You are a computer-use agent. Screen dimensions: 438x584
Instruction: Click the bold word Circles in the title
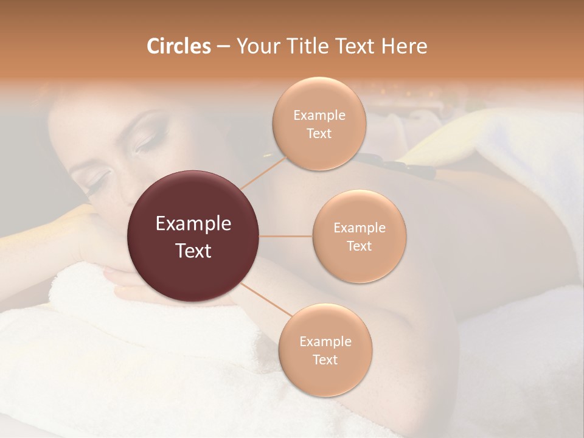click(x=178, y=46)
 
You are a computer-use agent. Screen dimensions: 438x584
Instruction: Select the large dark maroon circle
click(x=193, y=236)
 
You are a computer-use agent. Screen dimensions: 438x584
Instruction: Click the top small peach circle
click(x=319, y=123)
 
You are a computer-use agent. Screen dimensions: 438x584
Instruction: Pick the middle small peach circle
click(x=360, y=236)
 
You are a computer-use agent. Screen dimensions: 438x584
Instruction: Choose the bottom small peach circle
click(x=325, y=350)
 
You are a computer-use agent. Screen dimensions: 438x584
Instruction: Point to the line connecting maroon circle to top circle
click(x=263, y=173)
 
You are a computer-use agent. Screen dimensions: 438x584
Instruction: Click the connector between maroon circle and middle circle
click(x=286, y=236)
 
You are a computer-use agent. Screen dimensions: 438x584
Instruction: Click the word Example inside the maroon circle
click(x=193, y=224)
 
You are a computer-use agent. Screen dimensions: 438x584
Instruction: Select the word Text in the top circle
click(x=319, y=133)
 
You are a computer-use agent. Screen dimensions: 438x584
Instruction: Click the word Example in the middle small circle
click(x=360, y=228)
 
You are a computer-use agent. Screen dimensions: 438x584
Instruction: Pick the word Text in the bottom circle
click(x=325, y=360)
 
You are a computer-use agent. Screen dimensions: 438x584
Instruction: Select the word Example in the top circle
click(x=319, y=116)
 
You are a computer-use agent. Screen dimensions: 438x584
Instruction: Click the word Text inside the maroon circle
click(x=193, y=251)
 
